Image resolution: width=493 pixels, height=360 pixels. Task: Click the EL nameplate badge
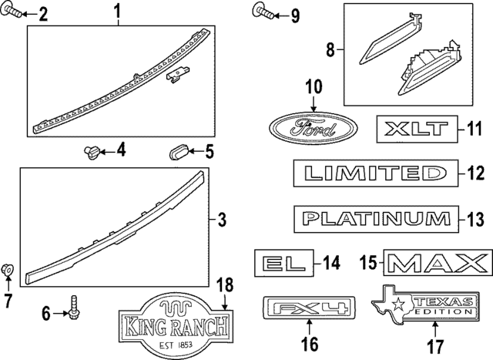(285, 263)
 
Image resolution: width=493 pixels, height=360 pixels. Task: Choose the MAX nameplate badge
(437, 263)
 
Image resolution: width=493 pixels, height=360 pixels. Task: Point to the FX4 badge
(309, 310)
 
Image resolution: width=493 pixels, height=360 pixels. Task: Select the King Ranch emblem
(175, 325)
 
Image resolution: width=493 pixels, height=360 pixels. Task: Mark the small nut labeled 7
(8, 270)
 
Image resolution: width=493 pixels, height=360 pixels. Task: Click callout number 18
(223, 284)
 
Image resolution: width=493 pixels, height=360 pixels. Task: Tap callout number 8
(330, 52)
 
